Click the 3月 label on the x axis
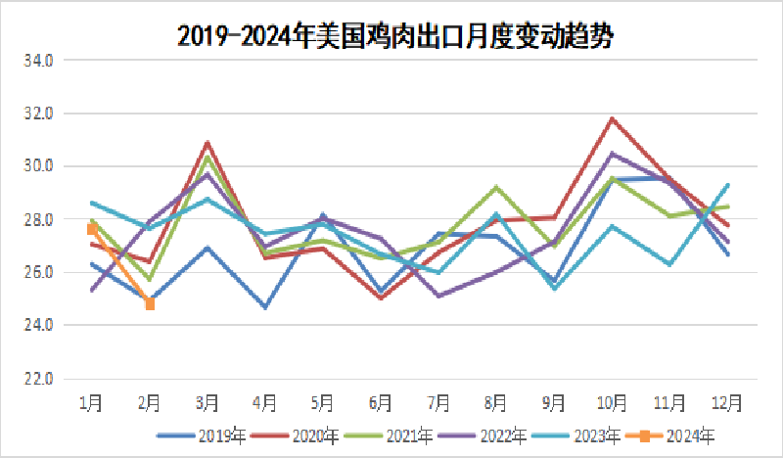[x=207, y=402]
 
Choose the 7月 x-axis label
[x=438, y=402]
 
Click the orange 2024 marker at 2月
[x=150, y=304]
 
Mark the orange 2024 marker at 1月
[x=92, y=228]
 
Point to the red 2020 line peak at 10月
[x=612, y=118]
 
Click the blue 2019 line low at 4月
[x=265, y=307]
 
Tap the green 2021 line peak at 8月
[x=496, y=187]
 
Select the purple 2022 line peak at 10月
[x=612, y=154]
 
